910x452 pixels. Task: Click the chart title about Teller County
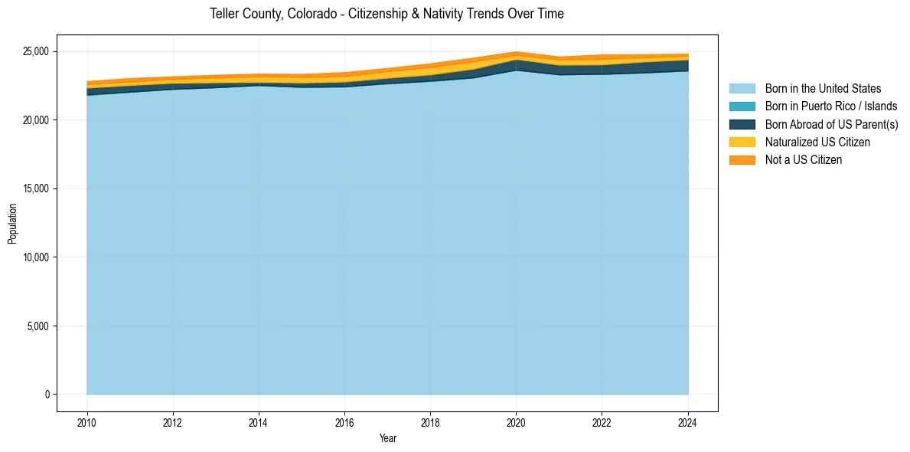pyautogui.click(x=387, y=14)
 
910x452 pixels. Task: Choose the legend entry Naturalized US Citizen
pyautogui.click(x=817, y=142)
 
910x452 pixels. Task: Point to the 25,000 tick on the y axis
pyautogui.click(x=35, y=51)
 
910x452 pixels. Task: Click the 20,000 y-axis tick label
pyautogui.click(x=35, y=120)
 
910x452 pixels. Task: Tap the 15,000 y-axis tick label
pyautogui.click(x=35, y=188)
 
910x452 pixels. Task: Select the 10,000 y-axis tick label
pyautogui.click(x=35, y=257)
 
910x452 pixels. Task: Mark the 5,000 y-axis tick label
pyautogui.click(x=38, y=326)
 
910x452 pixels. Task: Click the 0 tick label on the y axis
pyautogui.click(x=47, y=395)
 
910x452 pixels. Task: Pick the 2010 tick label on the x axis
pyautogui.click(x=87, y=421)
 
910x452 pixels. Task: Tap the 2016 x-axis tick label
pyautogui.click(x=344, y=421)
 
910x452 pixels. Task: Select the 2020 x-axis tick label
pyautogui.click(x=517, y=421)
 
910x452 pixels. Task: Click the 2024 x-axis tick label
pyautogui.click(x=688, y=421)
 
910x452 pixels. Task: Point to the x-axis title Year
pyautogui.click(x=388, y=438)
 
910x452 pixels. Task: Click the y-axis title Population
pyautogui.click(x=12, y=224)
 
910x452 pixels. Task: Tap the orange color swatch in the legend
pyautogui.click(x=742, y=159)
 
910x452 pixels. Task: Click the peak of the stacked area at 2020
pyautogui.click(x=517, y=52)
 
